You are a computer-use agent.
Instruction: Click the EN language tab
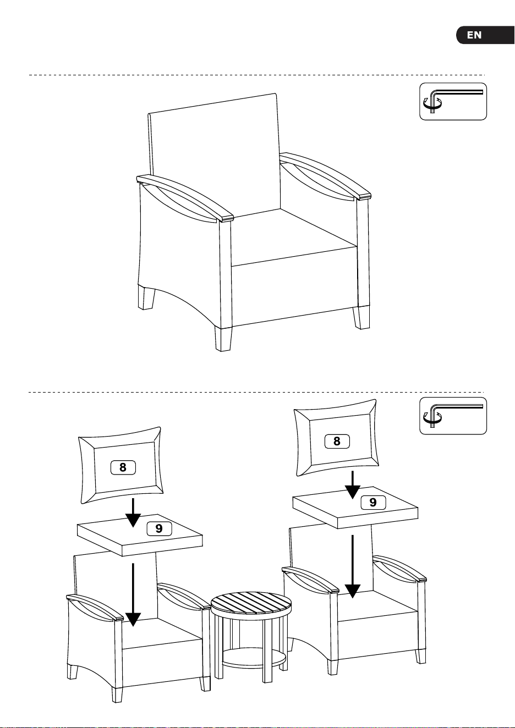tap(485, 35)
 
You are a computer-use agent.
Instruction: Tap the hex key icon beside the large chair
tap(453, 101)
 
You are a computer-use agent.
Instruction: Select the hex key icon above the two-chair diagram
tap(453, 416)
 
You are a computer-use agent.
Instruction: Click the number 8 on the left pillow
tap(123, 467)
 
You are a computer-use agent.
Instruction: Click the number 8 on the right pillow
tap(337, 441)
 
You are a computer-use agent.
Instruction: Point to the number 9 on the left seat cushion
tap(159, 528)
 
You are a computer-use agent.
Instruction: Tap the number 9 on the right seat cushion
tap(373, 502)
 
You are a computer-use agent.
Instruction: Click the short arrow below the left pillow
tap(133, 512)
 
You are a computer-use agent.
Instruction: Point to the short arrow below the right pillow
tap(353, 484)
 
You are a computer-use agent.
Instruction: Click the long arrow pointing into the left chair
tap(133, 595)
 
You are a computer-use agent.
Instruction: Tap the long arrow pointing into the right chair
tap(353, 566)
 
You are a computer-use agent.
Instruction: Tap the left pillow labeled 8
tap(121, 465)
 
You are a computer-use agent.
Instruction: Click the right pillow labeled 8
tap(336, 438)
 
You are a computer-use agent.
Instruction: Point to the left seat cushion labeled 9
tap(140, 535)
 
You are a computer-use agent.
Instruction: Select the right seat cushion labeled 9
tap(355, 508)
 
